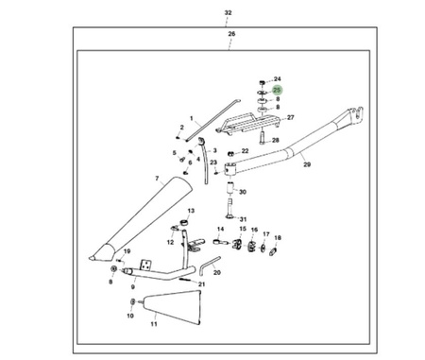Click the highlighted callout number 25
pos(277,90)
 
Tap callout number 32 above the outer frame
pos(228,13)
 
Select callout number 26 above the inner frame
pos(231,34)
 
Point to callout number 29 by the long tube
pos(307,164)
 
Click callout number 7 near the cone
pos(157,179)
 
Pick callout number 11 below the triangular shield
pos(154,324)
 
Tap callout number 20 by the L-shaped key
pos(217,272)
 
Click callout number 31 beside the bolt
pos(243,219)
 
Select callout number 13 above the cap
pos(191,211)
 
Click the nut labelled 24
pos(262,82)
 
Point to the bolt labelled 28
pos(262,137)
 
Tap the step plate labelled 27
pos(248,122)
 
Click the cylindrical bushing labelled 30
pos(231,188)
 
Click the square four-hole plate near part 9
pos(145,265)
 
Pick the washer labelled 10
pos(132,301)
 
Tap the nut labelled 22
pos(230,154)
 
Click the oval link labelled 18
pos(273,251)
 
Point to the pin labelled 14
pos(221,242)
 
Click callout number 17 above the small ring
pos(266,234)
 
